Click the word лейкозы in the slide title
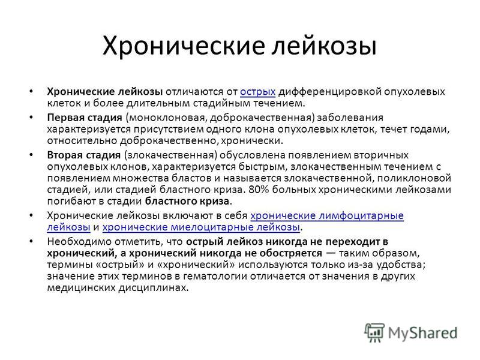coord(324,46)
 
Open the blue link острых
coord(258,92)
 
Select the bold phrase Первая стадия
coord(85,118)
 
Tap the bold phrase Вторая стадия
coord(84,155)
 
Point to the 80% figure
coord(259,190)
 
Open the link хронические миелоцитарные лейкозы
coord(201,227)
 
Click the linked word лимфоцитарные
coord(361,216)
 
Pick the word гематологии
coord(215,276)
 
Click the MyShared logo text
coord(422,333)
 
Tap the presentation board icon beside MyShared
coord(374,332)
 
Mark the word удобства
coord(400,265)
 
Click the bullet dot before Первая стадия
coord(31,118)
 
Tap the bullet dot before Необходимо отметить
coord(31,242)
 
